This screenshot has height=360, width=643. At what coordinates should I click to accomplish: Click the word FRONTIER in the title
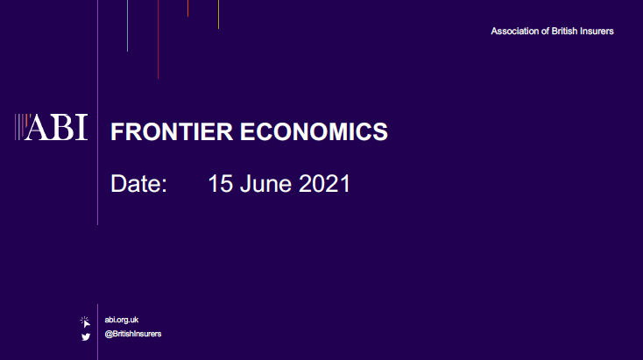[x=172, y=131]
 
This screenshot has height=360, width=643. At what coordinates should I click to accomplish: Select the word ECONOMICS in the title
[x=314, y=131]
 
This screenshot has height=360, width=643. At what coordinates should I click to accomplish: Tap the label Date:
[x=139, y=183]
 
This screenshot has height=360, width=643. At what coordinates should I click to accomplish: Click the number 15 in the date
[x=221, y=183]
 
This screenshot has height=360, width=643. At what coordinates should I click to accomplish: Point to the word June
[x=266, y=183]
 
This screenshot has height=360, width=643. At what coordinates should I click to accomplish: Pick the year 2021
[x=324, y=183]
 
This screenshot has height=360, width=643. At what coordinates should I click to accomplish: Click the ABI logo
[x=52, y=127]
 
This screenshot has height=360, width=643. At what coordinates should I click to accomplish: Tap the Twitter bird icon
[x=86, y=337]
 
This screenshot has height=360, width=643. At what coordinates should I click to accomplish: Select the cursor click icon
[x=85, y=321]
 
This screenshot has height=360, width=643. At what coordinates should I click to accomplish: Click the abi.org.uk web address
[x=122, y=320]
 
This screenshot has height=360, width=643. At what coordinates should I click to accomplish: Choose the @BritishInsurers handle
[x=133, y=334]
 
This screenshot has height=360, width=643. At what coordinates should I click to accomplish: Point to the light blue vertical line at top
[x=128, y=25]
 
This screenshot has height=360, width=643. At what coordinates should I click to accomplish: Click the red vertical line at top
[x=158, y=39]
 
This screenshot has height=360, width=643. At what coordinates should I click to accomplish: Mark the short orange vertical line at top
[x=187, y=8]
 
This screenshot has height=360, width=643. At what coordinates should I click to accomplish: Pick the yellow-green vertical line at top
[x=219, y=14]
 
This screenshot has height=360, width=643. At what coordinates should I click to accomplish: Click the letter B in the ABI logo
[x=62, y=128]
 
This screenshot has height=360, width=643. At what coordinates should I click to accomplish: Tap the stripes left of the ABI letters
[x=21, y=127]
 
